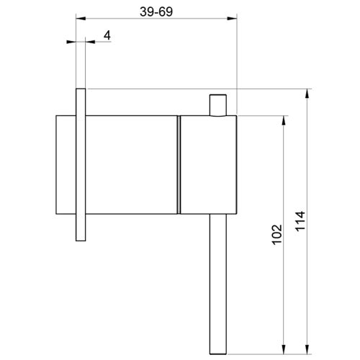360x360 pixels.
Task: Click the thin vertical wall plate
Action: (x=80, y=166)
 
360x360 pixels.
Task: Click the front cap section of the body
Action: (x=207, y=164)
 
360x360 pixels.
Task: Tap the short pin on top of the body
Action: (x=217, y=104)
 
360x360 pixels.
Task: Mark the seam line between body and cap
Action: (x=178, y=164)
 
